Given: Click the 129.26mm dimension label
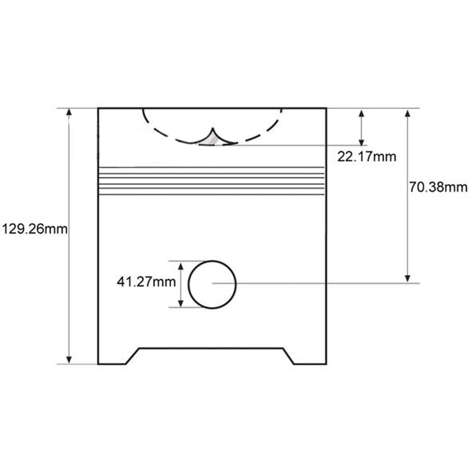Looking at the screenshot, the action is pyautogui.click(x=35, y=229).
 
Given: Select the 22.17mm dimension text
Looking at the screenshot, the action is pyautogui.click(x=366, y=156).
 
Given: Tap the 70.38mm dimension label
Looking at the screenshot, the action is pyautogui.click(x=438, y=187).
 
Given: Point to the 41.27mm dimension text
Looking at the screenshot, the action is pyautogui.click(x=146, y=282).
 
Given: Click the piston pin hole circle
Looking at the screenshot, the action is pyautogui.click(x=188, y=284).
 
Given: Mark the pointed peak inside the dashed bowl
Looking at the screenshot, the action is pyautogui.click(x=213, y=129).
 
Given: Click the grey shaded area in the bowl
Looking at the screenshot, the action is pyautogui.click(x=211, y=140).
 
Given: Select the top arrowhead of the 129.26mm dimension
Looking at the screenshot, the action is pyautogui.click(x=69, y=112).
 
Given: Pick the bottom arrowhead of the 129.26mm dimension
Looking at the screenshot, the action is pyautogui.click(x=69, y=360).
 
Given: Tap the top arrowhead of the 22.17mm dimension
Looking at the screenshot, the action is pyautogui.click(x=362, y=114).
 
